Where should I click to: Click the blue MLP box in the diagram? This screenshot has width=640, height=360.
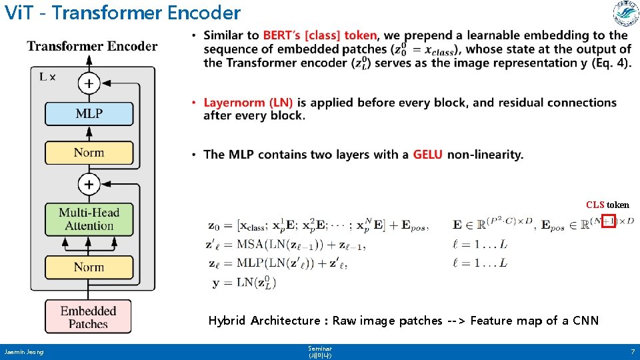tap(89, 113)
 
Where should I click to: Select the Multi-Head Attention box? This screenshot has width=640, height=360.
tap(89, 219)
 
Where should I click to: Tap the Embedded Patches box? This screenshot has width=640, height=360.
tap(88, 317)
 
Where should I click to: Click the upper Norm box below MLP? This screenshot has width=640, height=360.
tap(89, 153)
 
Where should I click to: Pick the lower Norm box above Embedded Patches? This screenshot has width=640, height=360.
tap(89, 267)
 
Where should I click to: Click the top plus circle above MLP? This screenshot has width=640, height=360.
tap(89, 83)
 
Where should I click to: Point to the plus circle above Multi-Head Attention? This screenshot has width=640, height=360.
tap(89, 183)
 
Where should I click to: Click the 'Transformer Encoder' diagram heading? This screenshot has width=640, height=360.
tap(92, 46)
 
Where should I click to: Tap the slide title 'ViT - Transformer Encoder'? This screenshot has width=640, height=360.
tap(122, 13)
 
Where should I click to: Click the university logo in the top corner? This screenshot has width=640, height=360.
tap(625, 13)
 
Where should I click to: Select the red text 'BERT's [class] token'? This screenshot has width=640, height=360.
tap(320, 35)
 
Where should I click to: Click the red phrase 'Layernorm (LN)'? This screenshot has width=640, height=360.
tap(248, 103)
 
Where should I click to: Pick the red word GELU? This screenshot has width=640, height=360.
tap(427, 155)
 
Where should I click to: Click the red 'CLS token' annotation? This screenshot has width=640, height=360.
tap(607, 205)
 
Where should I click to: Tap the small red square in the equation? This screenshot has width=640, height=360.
tap(608, 221)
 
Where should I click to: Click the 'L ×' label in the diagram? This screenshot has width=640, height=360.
tap(47, 77)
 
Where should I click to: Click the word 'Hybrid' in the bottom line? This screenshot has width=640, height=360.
tap(227, 321)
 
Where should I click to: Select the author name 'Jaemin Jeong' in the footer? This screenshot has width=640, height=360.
tap(23, 351)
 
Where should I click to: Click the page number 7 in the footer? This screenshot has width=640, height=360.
tap(632, 351)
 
